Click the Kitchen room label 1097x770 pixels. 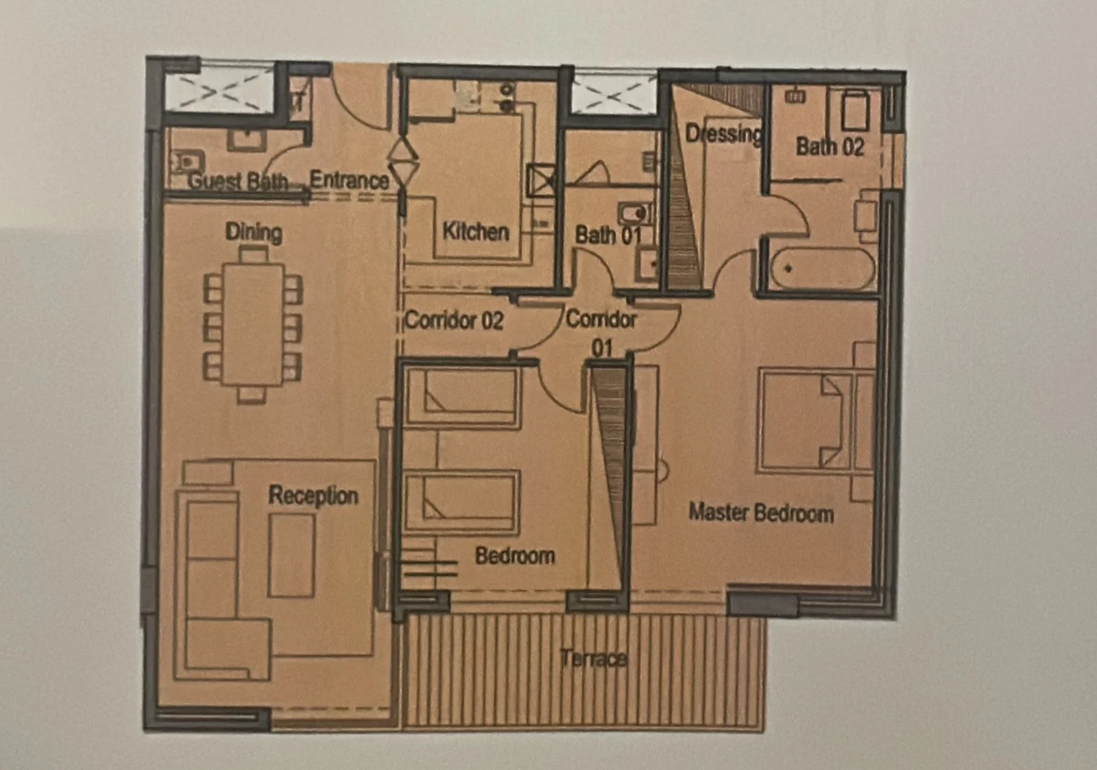click(476, 231)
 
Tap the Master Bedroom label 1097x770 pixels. click(761, 513)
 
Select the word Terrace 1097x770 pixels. click(594, 658)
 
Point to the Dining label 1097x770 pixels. click(254, 232)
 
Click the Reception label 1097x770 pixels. click(313, 496)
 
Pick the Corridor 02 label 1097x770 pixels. click(455, 320)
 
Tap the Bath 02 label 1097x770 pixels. click(830, 147)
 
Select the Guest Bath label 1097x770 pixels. click(238, 181)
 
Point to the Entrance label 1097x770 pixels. click(350, 180)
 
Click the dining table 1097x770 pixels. click(253, 325)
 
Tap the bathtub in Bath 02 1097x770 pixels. click(823, 269)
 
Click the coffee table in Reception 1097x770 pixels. click(291, 555)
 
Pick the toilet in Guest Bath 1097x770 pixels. click(187, 160)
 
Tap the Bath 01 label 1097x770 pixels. click(608, 235)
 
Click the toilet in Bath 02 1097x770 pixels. click(854, 110)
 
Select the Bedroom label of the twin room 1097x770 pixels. click(515, 555)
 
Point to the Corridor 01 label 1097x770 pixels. click(601, 333)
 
